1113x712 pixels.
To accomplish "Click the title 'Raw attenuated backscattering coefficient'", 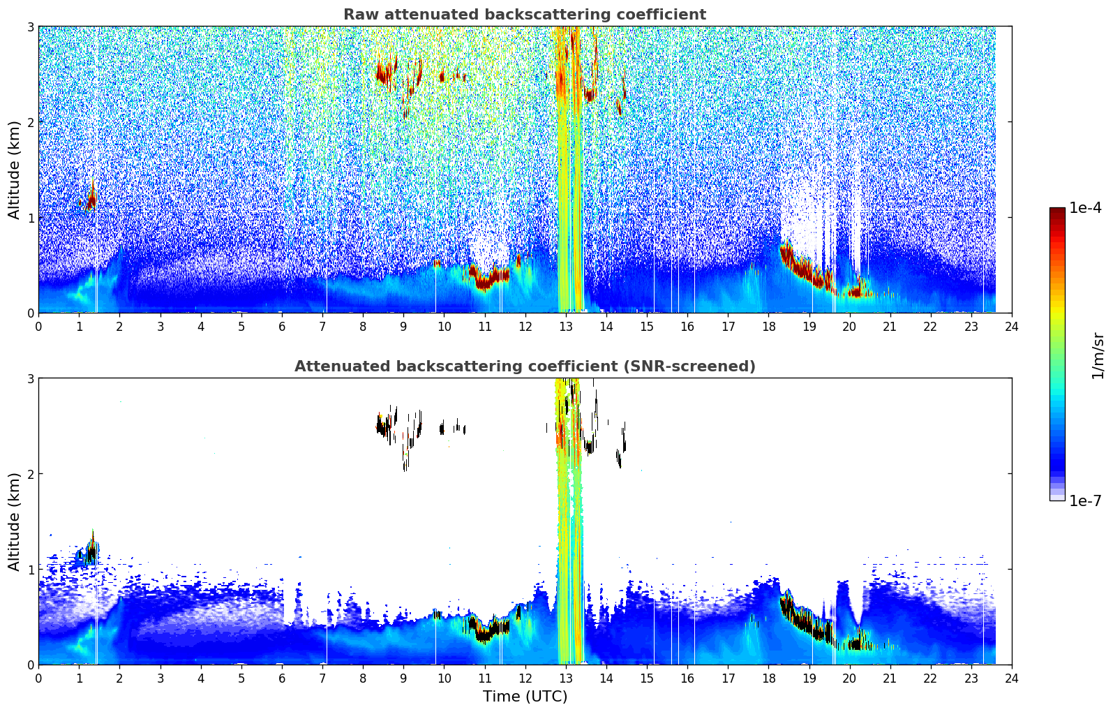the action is click(x=525, y=15).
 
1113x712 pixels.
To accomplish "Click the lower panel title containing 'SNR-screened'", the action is click(x=525, y=366).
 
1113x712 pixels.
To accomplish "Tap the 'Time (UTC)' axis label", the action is click(x=525, y=696).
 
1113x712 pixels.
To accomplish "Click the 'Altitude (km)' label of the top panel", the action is click(x=14, y=170).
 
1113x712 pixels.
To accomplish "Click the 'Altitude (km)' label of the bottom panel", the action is click(x=14, y=521).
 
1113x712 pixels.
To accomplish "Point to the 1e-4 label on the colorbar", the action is click(x=1085, y=208).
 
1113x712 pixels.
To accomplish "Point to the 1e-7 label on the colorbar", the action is click(x=1085, y=500).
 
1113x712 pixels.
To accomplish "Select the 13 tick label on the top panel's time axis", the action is click(x=565, y=327).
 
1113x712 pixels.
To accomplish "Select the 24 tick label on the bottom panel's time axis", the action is click(x=1012, y=678).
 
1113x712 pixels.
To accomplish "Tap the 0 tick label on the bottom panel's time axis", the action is click(x=39, y=678).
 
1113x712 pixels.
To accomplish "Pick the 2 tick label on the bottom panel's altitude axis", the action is click(x=30, y=474).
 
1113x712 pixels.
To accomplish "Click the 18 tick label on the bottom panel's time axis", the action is click(x=769, y=678).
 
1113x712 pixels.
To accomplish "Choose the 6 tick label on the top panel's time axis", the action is click(x=282, y=327).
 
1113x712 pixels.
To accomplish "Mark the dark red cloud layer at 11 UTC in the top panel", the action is click(x=488, y=278).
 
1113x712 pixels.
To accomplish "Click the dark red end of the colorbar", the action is click(x=1057, y=211).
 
